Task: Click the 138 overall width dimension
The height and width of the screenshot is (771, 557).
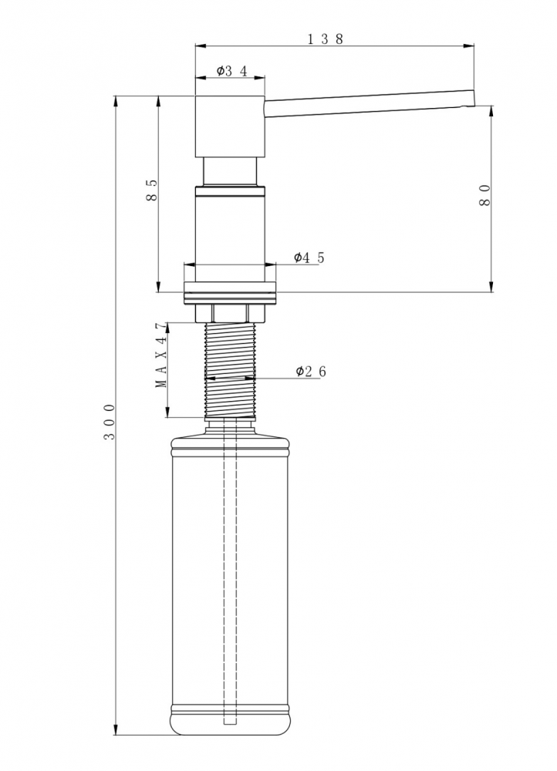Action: (326, 39)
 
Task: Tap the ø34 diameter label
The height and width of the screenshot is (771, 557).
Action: (231, 71)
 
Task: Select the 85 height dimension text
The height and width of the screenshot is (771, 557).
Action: (151, 190)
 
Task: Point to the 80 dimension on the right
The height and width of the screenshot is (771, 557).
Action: (484, 195)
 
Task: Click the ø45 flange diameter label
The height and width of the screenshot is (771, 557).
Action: (309, 258)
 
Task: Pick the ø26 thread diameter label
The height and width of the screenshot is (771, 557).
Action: (311, 372)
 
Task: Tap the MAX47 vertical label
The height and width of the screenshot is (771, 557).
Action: (161, 355)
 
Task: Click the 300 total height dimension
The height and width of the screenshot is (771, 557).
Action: (110, 422)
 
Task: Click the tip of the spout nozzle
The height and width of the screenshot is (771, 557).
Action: (474, 98)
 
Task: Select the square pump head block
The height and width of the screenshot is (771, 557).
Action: (230, 126)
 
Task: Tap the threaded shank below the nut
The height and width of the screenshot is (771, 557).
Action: (230, 370)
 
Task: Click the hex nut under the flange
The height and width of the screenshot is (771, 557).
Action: (230, 313)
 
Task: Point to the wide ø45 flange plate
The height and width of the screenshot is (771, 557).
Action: (230, 293)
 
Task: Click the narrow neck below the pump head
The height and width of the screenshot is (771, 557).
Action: (230, 172)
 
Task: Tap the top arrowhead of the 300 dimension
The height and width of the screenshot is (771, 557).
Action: (116, 99)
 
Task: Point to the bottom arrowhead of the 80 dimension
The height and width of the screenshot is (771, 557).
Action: (491, 287)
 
